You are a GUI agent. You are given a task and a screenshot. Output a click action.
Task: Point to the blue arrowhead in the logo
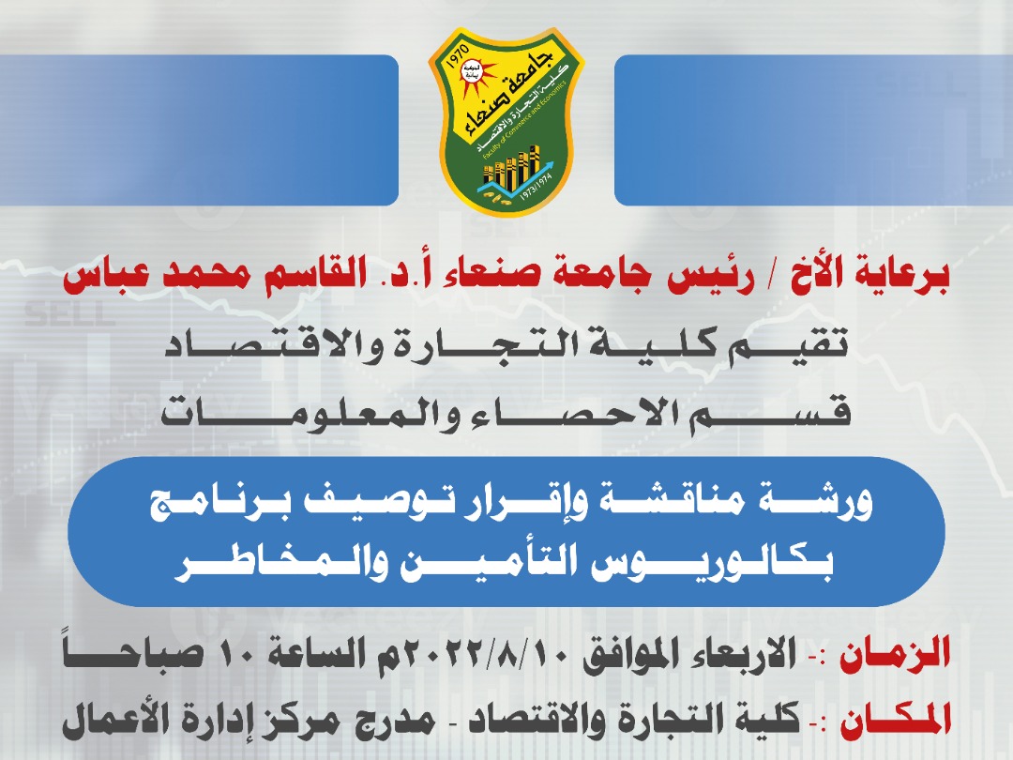[x=547, y=167]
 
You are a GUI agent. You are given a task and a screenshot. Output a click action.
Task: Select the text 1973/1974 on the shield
[x=537, y=190]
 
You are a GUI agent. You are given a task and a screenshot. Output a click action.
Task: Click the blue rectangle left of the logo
[x=198, y=129]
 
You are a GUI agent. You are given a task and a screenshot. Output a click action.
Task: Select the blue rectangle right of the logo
[x=813, y=129]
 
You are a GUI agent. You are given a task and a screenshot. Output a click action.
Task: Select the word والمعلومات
[x=311, y=412]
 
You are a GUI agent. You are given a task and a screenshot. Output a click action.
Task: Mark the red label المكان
[x=895, y=721]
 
